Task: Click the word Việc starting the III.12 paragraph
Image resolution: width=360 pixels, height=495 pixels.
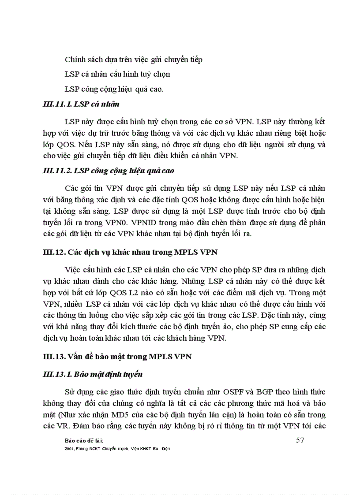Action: (x=73, y=269)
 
